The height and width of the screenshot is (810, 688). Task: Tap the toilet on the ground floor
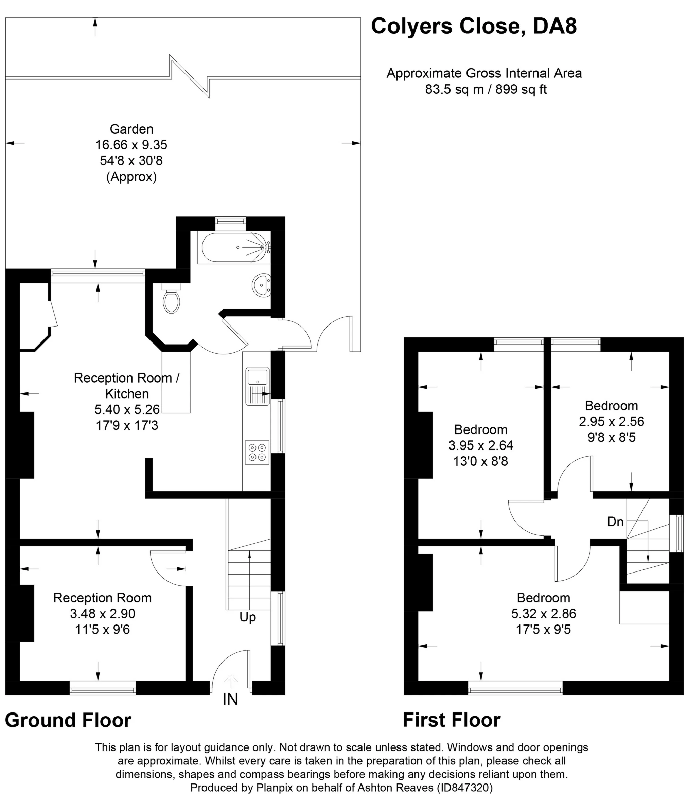171,298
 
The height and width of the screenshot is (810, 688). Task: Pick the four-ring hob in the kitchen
258,452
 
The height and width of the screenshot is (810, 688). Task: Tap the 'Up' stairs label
248,617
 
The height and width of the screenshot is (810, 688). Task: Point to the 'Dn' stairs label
615,522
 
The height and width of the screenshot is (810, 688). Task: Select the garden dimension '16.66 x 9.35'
131,145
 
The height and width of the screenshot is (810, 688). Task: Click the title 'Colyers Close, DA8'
474,26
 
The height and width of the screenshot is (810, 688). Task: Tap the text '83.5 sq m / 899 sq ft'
486,90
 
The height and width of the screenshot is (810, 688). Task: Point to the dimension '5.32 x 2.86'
544,614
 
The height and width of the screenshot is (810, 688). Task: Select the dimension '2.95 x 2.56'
611,421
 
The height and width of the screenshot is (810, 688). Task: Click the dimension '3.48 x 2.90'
103,614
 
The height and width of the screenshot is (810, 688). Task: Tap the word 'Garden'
131,129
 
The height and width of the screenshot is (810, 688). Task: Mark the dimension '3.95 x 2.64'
481,445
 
